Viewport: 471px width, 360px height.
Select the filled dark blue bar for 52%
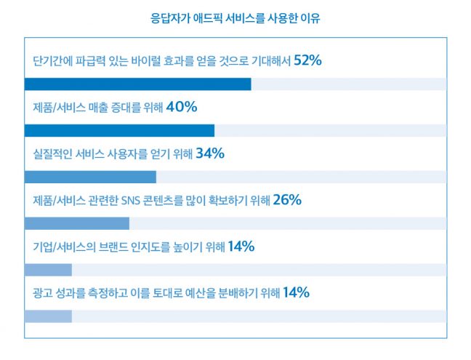click(138, 84)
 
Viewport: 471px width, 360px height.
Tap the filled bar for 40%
click(119, 130)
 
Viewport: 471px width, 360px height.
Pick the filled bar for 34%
click(90, 177)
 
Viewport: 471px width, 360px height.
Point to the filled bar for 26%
click(77, 223)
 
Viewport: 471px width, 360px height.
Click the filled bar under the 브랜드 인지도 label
click(48, 270)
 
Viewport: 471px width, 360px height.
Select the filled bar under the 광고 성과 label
click(48, 316)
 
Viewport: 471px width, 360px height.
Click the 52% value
click(307, 60)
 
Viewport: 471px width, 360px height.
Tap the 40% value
click(182, 107)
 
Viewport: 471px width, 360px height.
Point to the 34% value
click(210, 153)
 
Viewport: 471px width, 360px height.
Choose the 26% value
click(286, 200)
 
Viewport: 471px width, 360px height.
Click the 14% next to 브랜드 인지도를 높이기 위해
click(241, 247)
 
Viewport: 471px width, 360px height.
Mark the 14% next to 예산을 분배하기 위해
click(296, 293)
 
